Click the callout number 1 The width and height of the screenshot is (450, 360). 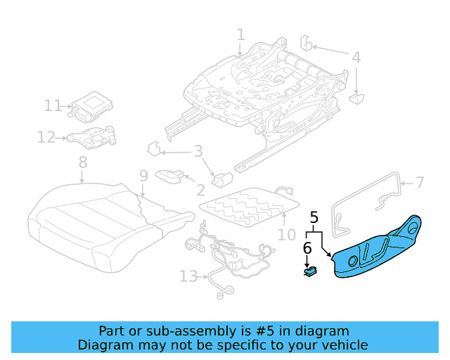(240, 34)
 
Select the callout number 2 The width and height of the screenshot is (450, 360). (200, 189)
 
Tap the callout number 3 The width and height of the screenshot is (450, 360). (198, 151)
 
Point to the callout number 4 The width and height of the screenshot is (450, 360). (356, 58)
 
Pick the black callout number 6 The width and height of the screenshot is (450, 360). (307, 247)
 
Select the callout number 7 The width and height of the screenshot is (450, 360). (420, 183)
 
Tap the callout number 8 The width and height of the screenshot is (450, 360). (83, 162)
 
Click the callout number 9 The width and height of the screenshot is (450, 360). (143, 175)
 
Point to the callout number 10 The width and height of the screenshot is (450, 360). (286, 234)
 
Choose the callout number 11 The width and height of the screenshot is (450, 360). (53, 105)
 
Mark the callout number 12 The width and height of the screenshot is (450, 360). (46, 138)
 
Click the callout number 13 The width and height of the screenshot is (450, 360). (188, 276)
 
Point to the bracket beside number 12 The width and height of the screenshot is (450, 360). (91, 136)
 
